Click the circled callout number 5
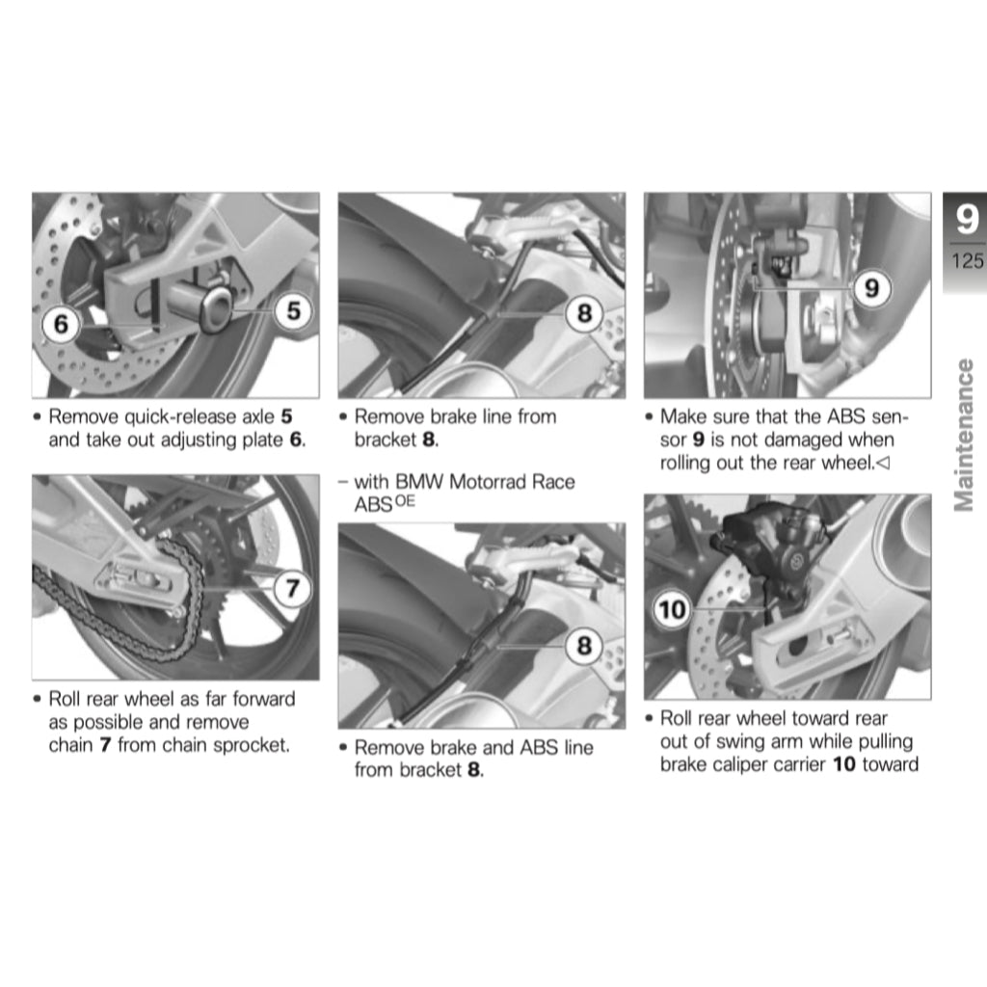click(x=294, y=311)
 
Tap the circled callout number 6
click(x=61, y=324)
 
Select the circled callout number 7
click(x=292, y=589)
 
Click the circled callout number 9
click(x=871, y=288)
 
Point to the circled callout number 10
click(x=671, y=609)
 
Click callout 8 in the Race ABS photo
click(x=584, y=645)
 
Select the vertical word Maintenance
click(x=964, y=435)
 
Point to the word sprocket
click(x=251, y=745)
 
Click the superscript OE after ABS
click(x=405, y=501)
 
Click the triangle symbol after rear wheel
click(x=883, y=464)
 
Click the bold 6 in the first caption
click(x=295, y=440)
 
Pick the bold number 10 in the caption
click(x=844, y=764)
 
